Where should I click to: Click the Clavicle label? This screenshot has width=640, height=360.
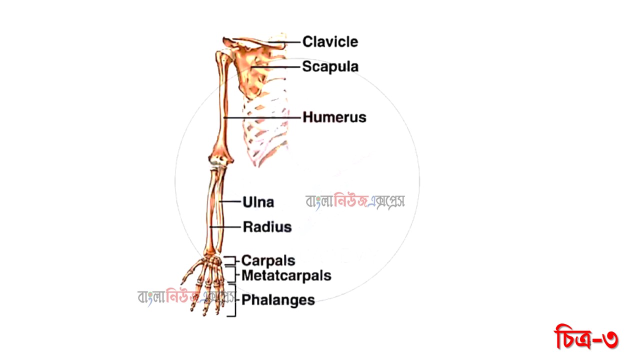(x=330, y=41)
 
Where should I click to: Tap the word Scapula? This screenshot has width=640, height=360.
(x=330, y=66)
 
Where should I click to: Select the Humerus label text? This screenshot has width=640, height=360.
(x=334, y=117)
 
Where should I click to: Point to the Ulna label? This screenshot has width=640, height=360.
(x=258, y=202)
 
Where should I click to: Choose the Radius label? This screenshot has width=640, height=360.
(x=267, y=227)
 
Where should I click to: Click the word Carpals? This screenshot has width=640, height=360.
(x=268, y=260)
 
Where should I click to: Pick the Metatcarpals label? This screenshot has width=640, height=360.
(x=286, y=275)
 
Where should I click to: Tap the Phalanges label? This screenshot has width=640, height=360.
(x=278, y=300)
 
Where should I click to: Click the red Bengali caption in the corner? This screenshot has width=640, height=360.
(x=586, y=338)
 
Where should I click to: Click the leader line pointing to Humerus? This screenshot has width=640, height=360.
(x=262, y=117)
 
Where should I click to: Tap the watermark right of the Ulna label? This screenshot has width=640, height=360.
(x=355, y=201)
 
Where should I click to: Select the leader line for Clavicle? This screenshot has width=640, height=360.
(x=292, y=41)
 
